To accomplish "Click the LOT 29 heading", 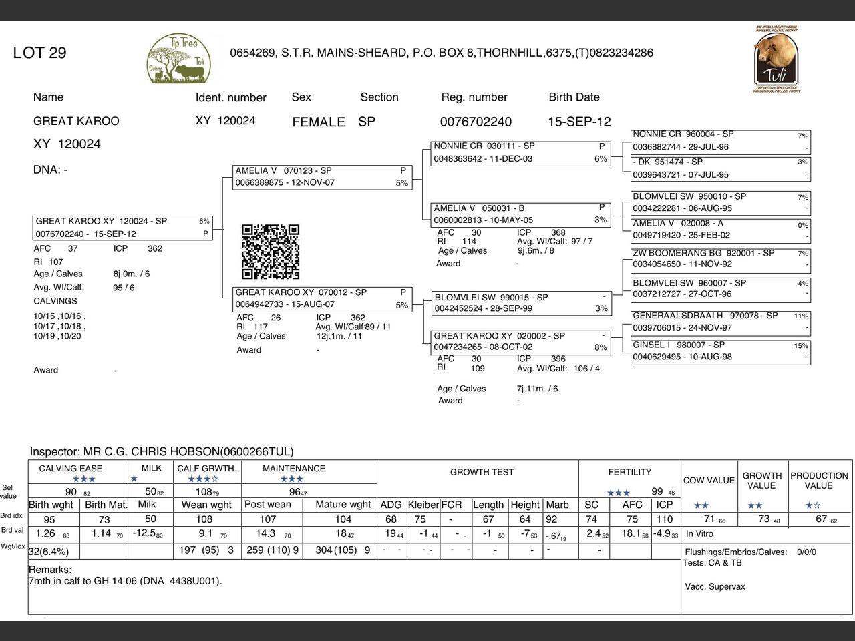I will click(x=39, y=53).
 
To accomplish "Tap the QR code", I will click(x=270, y=252).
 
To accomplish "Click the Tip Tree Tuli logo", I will click(x=179, y=59).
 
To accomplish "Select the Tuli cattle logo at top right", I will click(x=776, y=59).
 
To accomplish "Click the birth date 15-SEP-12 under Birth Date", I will click(x=579, y=122).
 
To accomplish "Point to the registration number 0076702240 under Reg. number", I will click(x=476, y=122).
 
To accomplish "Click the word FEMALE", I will click(x=319, y=122).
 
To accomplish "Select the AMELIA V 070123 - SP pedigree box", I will click(x=321, y=177).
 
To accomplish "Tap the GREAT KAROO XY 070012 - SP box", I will click(x=321, y=298).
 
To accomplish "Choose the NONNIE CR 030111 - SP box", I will click(x=520, y=152).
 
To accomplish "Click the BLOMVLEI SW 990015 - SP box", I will click(x=520, y=303).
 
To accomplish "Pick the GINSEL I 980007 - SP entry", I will click(x=720, y=351).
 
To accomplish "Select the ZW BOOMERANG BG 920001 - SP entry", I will click(x=720, y=259).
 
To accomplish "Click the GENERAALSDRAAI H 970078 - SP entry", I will click(x=720, y=322).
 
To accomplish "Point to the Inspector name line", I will click(x=162, y=452).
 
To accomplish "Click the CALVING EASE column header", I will click(x=71, y=469).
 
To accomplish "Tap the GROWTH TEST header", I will click(x=482, y=472).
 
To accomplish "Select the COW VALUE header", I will click(x=709, y=480).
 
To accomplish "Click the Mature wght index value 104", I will click(x=343, y=519).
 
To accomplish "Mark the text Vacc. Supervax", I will click(x=715, y=587).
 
